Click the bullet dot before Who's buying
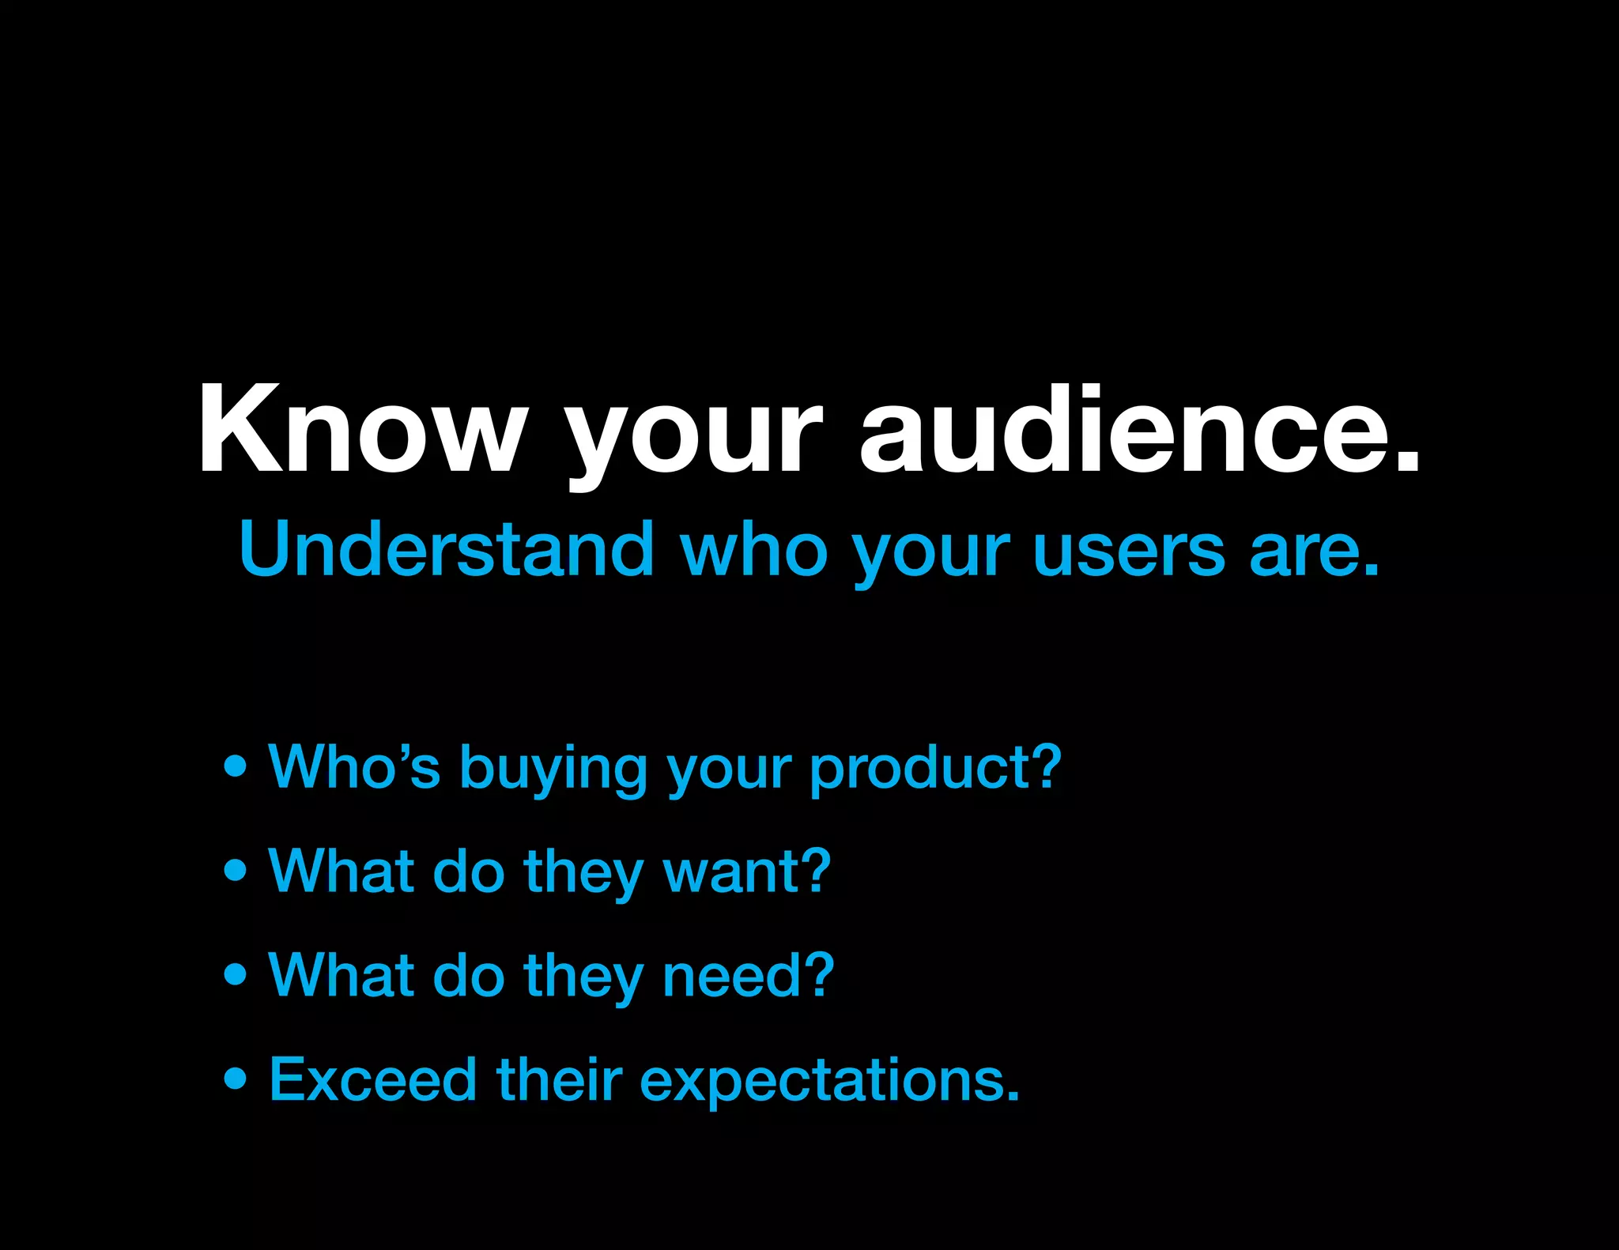235,766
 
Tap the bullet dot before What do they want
235,870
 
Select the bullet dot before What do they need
235,974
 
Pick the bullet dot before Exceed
235,1079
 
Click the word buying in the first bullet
553,769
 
